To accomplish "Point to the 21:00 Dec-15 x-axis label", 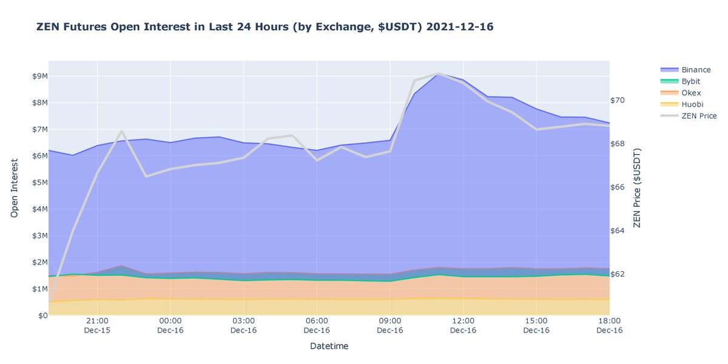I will [97, 325].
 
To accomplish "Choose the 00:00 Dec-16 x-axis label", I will [170, 325].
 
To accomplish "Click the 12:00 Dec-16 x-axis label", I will [463, 325].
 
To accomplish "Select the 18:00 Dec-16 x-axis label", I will [608, 325].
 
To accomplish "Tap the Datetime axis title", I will [329, 346].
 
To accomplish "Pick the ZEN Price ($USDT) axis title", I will [637, 189].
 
